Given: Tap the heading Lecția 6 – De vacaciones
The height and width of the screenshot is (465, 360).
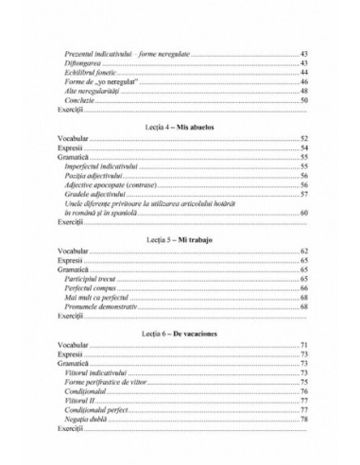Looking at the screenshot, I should (x=179, y=334).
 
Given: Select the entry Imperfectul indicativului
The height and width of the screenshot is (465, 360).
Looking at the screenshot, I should (x=107, y=165).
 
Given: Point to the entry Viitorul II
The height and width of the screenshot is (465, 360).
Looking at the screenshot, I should (x=81, y=402).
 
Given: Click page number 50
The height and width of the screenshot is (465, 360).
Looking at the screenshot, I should (x=304, y=100).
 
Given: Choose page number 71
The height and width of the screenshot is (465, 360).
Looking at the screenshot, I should (x=304, y=347).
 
